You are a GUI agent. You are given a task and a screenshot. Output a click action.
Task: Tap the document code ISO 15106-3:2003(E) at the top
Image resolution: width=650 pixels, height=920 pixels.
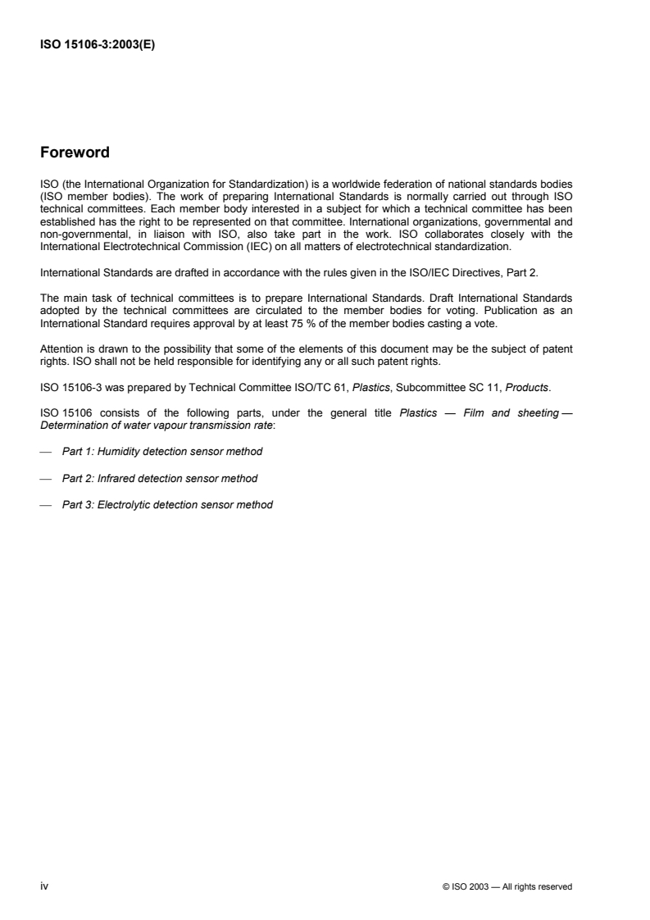98,46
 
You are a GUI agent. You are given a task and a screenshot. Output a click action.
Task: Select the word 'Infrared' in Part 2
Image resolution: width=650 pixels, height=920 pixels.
115,478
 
